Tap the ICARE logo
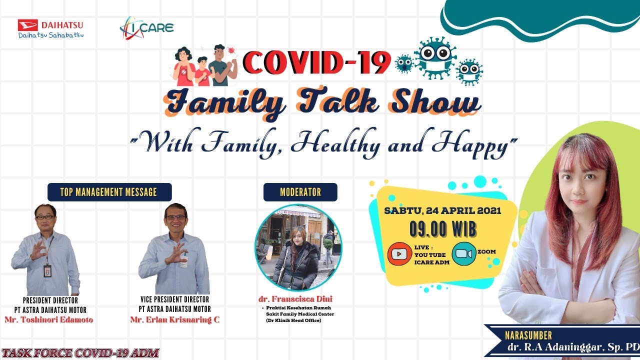click(146, 27)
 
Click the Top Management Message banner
click(109, 192)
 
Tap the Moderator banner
click(300, 192)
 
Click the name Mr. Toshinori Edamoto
click(49, 320)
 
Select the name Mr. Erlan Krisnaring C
click(174, 320)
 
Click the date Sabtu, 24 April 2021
click(442, 211)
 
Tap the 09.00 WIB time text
click(442, 229)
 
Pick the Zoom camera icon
click(463, 253)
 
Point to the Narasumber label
click(522, 336)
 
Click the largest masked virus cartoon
click(434, 58)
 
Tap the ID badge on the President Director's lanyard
click(47, 270)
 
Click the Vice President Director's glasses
click(175, 217)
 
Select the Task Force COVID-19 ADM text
click(80, 353)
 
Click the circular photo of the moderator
click(298, 247)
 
